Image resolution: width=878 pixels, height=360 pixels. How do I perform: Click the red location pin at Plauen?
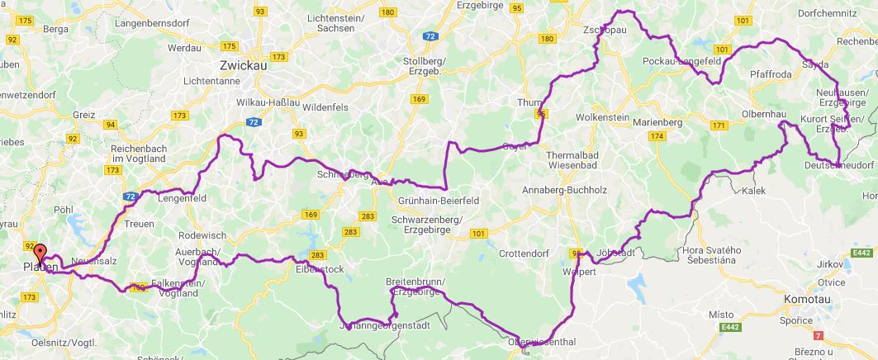39,253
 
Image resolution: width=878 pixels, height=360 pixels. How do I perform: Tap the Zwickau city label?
243,65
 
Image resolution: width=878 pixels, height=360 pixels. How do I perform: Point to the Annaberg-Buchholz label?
564,190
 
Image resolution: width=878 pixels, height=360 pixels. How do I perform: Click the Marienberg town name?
657,123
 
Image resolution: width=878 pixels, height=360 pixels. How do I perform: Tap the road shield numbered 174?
657,136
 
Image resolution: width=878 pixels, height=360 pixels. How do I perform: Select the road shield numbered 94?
111,125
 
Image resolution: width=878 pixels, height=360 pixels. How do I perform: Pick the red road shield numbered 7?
818,335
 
